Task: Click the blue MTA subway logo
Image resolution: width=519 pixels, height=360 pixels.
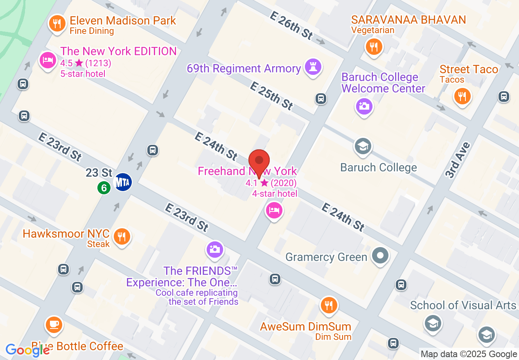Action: (x=123, y=182)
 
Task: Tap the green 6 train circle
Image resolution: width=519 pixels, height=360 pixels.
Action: (x=104, y=188)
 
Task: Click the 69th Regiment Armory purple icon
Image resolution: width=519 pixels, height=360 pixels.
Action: (x=313, y=67)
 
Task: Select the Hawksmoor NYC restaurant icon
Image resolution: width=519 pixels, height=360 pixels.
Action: (x=122, y=237)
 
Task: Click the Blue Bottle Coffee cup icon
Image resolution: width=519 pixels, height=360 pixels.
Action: (x=54, y=324)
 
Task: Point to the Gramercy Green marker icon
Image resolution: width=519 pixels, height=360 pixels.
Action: (x=381, y=256)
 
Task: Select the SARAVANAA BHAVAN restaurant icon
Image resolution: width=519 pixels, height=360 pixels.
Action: (x=373, y=46)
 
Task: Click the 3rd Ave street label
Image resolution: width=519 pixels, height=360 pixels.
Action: (x=458, y=160)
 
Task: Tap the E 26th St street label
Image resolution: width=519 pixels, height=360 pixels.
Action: (x=291, y=25)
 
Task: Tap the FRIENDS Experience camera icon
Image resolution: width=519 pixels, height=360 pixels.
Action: (x=215, y=249)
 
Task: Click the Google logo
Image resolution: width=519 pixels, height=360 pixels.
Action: (x=28, y=350)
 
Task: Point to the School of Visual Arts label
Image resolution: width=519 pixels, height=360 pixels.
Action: (x=463, y=305)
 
